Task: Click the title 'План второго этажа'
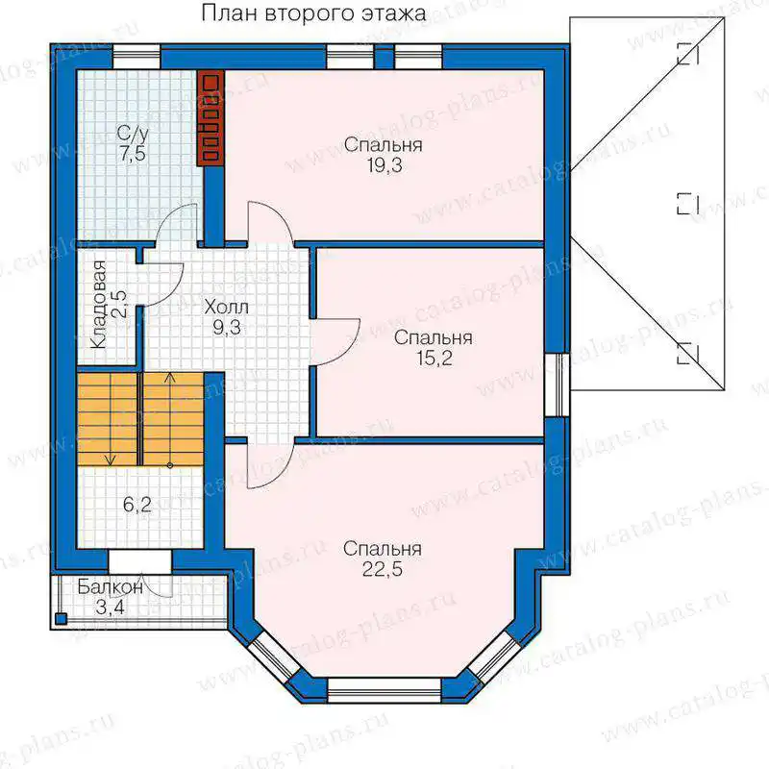coord(313,13)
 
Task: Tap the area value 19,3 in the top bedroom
coord(384,165)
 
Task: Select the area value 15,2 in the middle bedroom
coord(434,359)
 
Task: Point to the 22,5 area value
coord(383,569)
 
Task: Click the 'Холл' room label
coord(227,308)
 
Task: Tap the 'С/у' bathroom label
coord(133,134)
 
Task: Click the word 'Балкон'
coord(111,586)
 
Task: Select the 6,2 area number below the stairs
coord(137,504)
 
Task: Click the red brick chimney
coord(211,117)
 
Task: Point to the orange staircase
coord(140,419)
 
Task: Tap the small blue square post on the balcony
coord(61,618)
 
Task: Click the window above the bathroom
coord(136,57)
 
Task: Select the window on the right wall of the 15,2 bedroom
coord(557,385)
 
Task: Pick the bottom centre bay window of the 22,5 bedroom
coord(384,690)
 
